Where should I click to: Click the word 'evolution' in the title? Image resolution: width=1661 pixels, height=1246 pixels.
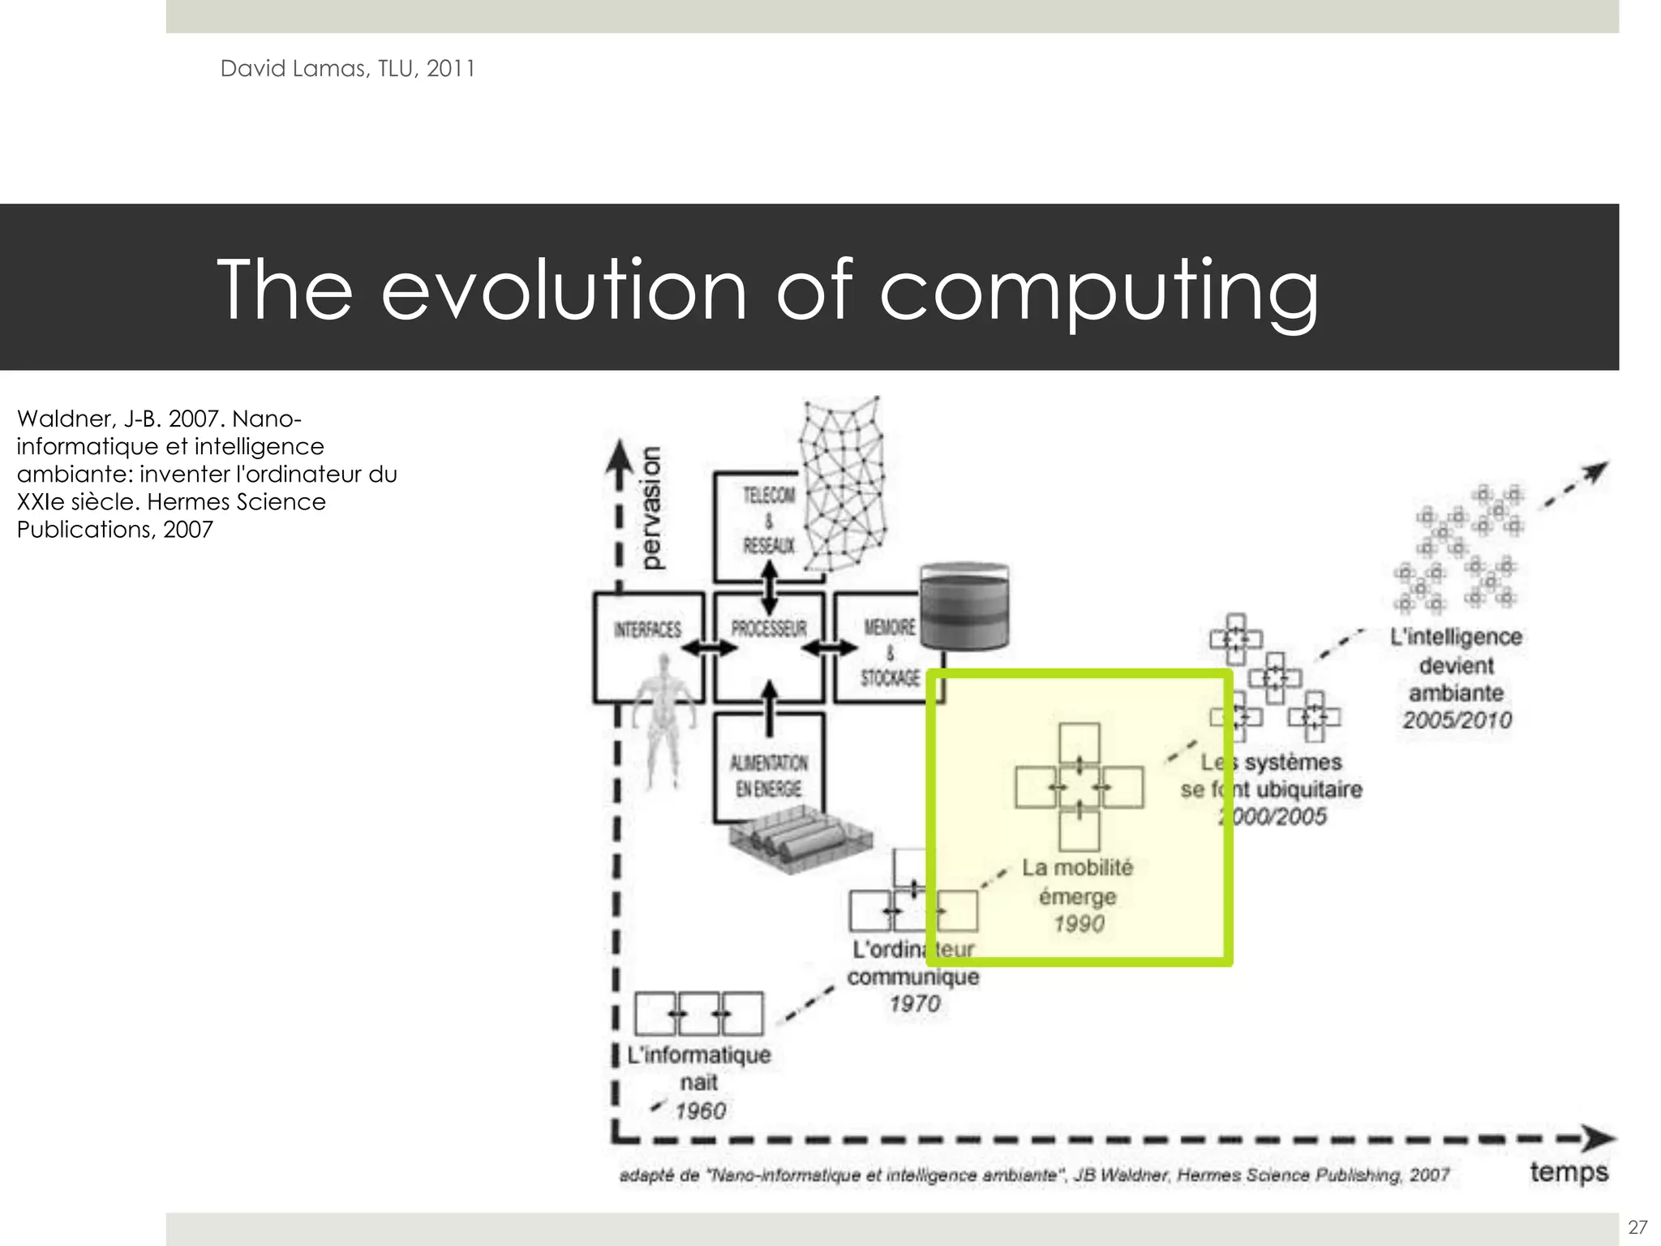tap(564, 290)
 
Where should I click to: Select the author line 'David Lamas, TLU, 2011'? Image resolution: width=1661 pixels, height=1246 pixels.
tap(347, 69)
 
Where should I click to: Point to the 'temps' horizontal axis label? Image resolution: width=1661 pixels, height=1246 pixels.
tap(1569, 1172)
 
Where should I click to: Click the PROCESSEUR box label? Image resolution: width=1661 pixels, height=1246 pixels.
tap(769, 629)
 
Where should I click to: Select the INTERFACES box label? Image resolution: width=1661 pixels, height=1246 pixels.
tap(647, 629)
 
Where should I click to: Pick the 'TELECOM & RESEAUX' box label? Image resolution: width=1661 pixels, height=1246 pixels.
tap(769, 520)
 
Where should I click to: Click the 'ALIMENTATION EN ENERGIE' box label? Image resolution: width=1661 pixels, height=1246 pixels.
tap(769, 776)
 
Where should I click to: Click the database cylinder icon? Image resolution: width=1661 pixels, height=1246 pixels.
tap(964, 607)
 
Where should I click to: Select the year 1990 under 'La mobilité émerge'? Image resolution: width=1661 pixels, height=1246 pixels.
tap(1078, 924)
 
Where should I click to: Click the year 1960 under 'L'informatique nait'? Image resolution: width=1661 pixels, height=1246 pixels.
tap(701, 1111)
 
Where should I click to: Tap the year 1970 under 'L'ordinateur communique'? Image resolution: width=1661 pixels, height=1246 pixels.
tap(915, 1003)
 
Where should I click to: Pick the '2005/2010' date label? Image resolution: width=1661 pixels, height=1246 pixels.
tap(1457, 720)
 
